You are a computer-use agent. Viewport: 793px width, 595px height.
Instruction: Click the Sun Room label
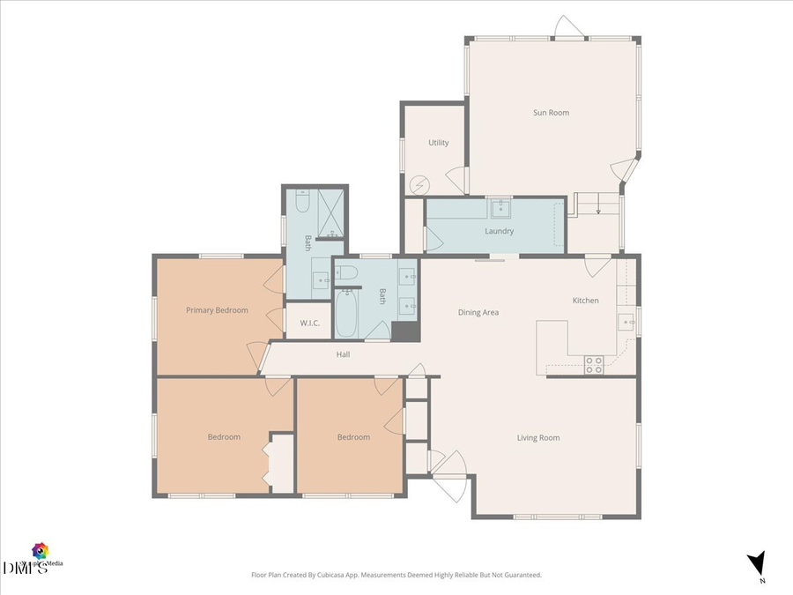click(x=551, y=113)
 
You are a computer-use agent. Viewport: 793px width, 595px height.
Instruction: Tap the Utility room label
click(x=438, y=143)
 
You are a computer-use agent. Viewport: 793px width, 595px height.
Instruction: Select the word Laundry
click(x=499, y=232)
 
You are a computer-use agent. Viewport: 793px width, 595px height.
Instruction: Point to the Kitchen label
click(x=585, y=301)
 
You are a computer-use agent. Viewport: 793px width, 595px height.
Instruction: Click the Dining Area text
click(x=478, y=313)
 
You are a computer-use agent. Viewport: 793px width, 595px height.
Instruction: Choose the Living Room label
click(x=537, y=438)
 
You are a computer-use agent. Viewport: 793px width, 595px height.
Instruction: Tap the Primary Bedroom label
click(x=216, y=310)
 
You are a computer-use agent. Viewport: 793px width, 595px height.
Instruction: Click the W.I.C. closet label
click(x=309, y=324)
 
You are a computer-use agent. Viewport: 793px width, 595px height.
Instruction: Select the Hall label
click(x=343, y=355)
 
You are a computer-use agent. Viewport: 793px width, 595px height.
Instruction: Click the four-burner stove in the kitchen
click(x=594, y=364)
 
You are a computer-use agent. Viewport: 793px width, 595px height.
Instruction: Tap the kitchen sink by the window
click(x=626, y=322)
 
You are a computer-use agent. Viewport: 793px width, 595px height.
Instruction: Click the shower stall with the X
click(x=328, y=215)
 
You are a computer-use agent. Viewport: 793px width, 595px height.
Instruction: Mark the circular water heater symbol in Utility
click(x=421, y=185)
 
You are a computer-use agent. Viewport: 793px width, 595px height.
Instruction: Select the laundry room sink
click(x=500, y=209)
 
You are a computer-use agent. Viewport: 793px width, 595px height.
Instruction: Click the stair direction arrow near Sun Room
click(x=598, y=207)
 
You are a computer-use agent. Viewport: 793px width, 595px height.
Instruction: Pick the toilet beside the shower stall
click(x=300, y=203)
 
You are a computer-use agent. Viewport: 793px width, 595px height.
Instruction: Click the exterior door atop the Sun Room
click(x=568, y=27)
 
